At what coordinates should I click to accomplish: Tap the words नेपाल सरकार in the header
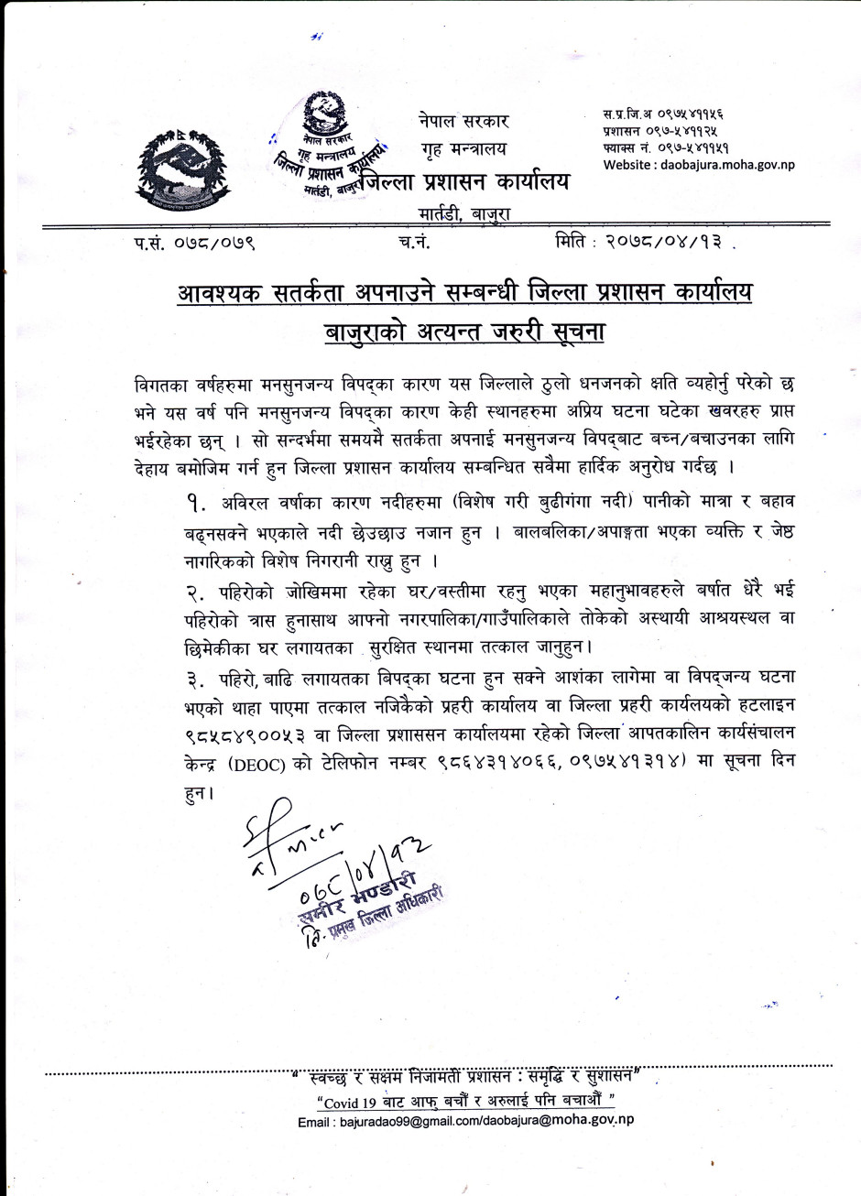pyautogui.click(x=463, y=121)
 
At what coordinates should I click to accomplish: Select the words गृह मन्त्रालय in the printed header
pyautogui.click(x=463, y=149)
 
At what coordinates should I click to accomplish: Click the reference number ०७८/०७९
pyautogui.click(x=213, y=244)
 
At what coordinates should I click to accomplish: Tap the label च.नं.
pyautogui.click(x=414, y=243)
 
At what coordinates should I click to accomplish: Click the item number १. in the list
pyautogui.click(x=196, y=504)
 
